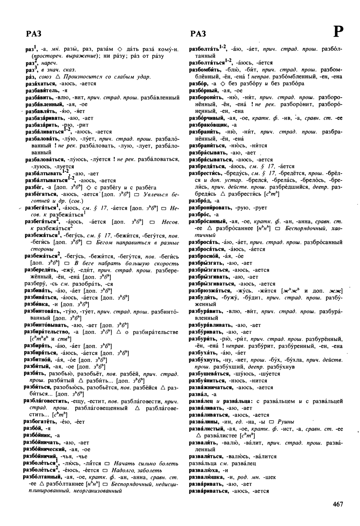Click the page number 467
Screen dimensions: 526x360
(337, 504)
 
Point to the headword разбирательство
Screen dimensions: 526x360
(46, 332)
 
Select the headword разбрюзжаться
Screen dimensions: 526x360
(210, 291)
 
